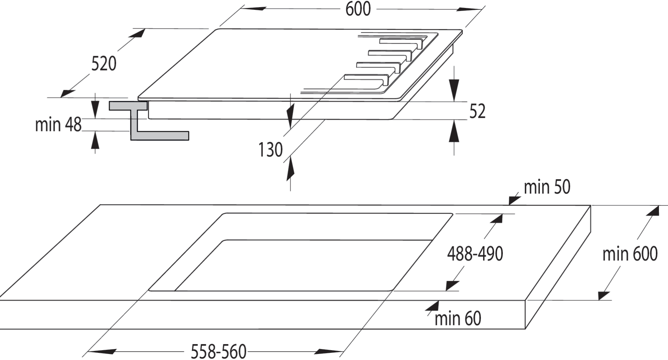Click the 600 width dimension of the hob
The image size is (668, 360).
(358, 9)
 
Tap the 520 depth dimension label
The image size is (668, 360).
(104, 64)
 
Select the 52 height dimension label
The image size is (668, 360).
(477, 111)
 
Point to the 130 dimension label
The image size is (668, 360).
(271, 150)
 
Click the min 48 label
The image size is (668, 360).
(58, 124)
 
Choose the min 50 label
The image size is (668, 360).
(547, 187)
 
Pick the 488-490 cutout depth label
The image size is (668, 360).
(475, 254)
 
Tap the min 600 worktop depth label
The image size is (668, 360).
(630, 254)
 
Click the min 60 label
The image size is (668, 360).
(458, 319)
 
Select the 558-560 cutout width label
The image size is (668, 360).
(219, 351)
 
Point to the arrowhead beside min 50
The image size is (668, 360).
(515, 199)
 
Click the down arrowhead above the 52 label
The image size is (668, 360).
(454, 90)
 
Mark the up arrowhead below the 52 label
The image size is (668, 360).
(454, 131)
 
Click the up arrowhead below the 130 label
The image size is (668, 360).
(290, 168)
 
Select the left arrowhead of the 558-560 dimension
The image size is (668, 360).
(102, 352)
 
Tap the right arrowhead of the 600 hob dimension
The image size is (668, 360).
(468, 9)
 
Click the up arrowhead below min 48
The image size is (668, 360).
(95, 140)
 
